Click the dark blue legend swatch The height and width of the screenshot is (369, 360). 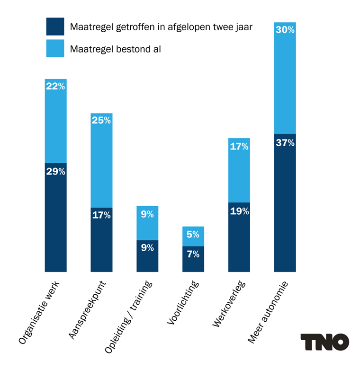[x=55, y=26]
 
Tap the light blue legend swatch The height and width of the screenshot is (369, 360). [x=55, y=48]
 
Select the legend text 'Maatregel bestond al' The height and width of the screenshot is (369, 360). [x=116, y=49]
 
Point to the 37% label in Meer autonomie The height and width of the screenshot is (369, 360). [x=285, y=142]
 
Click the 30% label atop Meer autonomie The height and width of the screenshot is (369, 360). [x=285, y=30]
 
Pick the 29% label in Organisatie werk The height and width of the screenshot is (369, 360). [x=55, y=172]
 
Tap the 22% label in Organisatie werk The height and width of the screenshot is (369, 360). [x=55, y=87]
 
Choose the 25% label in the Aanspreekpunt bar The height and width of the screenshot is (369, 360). [x=101, y=121]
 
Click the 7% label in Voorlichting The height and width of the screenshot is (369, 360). [x=193, y=254]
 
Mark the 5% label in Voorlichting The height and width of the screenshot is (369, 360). [x=193, y=234]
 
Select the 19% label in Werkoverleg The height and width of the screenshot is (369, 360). [x=239, y=211]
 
